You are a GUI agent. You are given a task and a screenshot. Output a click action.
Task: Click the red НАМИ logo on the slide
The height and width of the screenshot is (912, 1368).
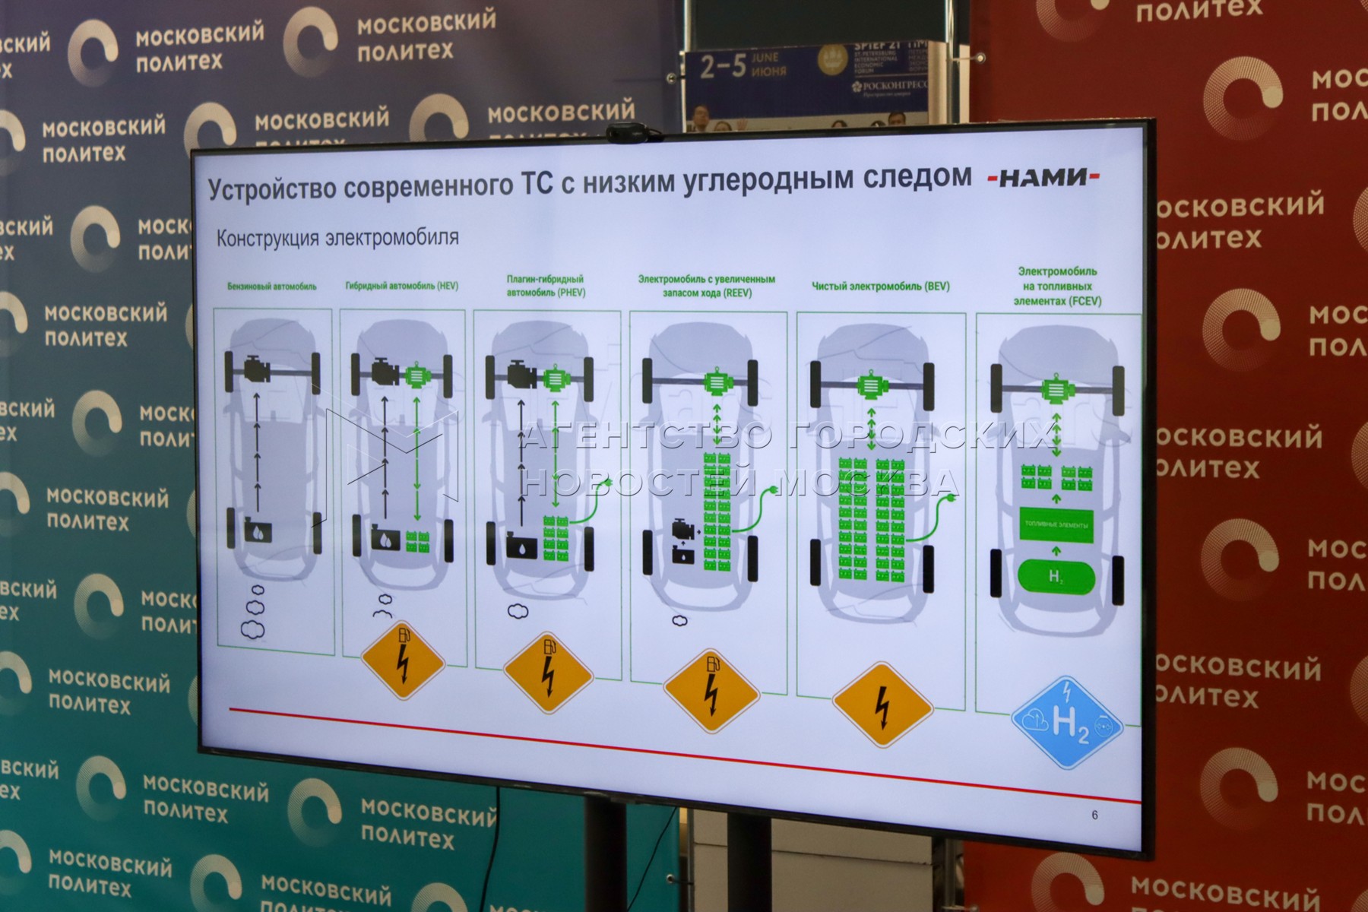(x=1043, y=177)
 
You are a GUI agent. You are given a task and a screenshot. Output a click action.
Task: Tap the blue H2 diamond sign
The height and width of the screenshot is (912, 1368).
(x=1066, y=722)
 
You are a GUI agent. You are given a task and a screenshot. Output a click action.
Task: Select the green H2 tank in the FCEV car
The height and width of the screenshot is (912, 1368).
(x=1056, y=578)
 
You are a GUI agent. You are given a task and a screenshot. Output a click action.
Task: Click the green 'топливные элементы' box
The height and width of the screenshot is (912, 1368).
(x=1056, y=525)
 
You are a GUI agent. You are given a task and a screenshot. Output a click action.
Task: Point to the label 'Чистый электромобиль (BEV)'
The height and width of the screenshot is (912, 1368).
(x=880, y=287)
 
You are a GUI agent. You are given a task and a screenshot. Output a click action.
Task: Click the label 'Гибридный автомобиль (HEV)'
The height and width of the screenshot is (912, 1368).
(x=401, y=286)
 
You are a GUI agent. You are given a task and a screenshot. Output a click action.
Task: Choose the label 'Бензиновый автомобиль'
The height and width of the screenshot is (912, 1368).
(x=271, y=287)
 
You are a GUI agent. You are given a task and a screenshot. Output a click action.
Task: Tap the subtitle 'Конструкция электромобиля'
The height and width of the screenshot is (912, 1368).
(x=337, y=238)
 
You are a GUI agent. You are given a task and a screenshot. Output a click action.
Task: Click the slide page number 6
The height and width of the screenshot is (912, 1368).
(x=1094, y=815)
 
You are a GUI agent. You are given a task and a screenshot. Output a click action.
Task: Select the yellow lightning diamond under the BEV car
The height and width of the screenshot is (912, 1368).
(x=882, y=705)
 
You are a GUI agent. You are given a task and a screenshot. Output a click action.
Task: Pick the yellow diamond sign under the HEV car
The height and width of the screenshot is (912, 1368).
(x=402, y=660)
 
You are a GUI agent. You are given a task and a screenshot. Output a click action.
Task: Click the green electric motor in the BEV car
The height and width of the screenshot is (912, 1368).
(x=872, y=387)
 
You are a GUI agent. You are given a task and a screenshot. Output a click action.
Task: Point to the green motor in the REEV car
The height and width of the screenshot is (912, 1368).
(x=715, y=382)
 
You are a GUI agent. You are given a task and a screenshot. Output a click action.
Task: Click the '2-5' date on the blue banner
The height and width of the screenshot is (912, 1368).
(x=723, y=67)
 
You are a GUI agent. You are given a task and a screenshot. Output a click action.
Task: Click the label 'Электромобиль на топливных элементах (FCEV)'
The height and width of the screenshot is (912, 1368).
(x=1057, y=286)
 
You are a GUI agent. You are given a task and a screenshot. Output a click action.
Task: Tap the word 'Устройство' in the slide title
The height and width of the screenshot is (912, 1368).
(x=271, y=188)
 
